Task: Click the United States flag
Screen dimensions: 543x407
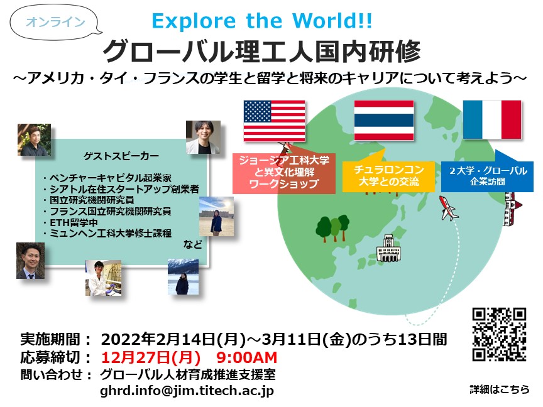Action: (x=274, y=121)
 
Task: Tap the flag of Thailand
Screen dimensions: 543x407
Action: (x=384, y=120)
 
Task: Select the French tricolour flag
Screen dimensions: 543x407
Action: (x=492, y=120)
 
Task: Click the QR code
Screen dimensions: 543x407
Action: (x=500, y=334)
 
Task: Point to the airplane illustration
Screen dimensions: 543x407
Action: (x=448, y=208)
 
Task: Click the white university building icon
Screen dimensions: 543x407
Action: (x=388, y=248)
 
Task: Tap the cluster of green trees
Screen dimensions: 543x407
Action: (x=332, y=228)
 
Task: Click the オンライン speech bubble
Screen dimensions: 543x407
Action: (x=55, y=22)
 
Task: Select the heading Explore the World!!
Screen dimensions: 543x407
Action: (x=262, y=21)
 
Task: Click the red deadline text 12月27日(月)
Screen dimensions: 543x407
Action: (x=151, y=357)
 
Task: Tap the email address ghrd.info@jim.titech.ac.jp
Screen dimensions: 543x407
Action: (x=187, y=391)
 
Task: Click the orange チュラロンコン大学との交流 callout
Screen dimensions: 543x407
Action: (x=388, y=175)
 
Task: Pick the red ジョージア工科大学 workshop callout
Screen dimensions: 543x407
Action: (x=284, y=172)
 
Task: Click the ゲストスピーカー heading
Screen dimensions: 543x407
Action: (x=121, y=156)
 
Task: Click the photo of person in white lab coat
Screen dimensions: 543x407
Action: (x=104, y=278)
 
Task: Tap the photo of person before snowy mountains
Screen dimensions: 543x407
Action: (x=183, y=276)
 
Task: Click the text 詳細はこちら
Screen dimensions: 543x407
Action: (x=500, y=389)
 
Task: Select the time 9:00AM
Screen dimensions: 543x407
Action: (x=247, y=357)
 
